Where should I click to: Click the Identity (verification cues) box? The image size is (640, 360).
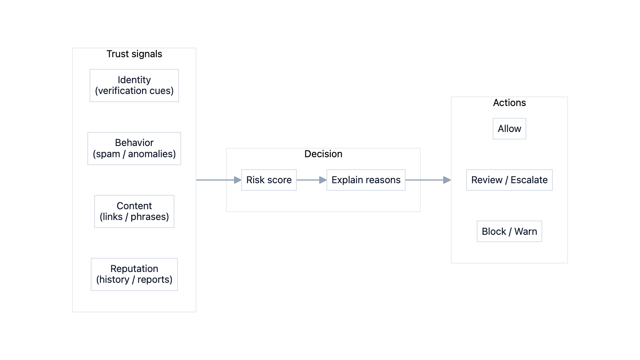click(x=134, y=86)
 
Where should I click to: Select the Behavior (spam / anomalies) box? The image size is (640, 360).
click(x=134, y=148)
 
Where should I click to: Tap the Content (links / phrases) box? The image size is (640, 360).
click(x=134, y=211)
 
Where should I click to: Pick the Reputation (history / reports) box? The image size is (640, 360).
click(x=134, y=274)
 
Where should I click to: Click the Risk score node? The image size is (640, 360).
click(x=269, y=180)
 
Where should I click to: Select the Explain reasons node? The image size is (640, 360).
click(x=366, y=180)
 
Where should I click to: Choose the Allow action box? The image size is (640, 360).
click(x=509, y=129)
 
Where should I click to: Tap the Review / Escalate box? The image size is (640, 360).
click(x=509, y=180)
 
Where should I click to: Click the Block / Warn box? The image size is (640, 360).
click(x=509, y=231)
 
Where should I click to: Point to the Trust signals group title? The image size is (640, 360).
click(x=134, y=54)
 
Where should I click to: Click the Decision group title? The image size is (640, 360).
click(x=323, y=154)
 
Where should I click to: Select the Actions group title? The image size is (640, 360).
click(x=509, y=103)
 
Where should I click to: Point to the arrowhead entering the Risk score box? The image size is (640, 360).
click(x=238, y=180)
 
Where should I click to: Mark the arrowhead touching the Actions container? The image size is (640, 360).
click(x=447, y=180)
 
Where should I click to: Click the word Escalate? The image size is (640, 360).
click(x=529, y=180)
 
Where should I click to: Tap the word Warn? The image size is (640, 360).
click(x=526, y=232)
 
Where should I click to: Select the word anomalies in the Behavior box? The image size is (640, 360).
click(x=152, y=154)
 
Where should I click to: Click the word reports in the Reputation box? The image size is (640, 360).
click(x=154, y=280)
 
